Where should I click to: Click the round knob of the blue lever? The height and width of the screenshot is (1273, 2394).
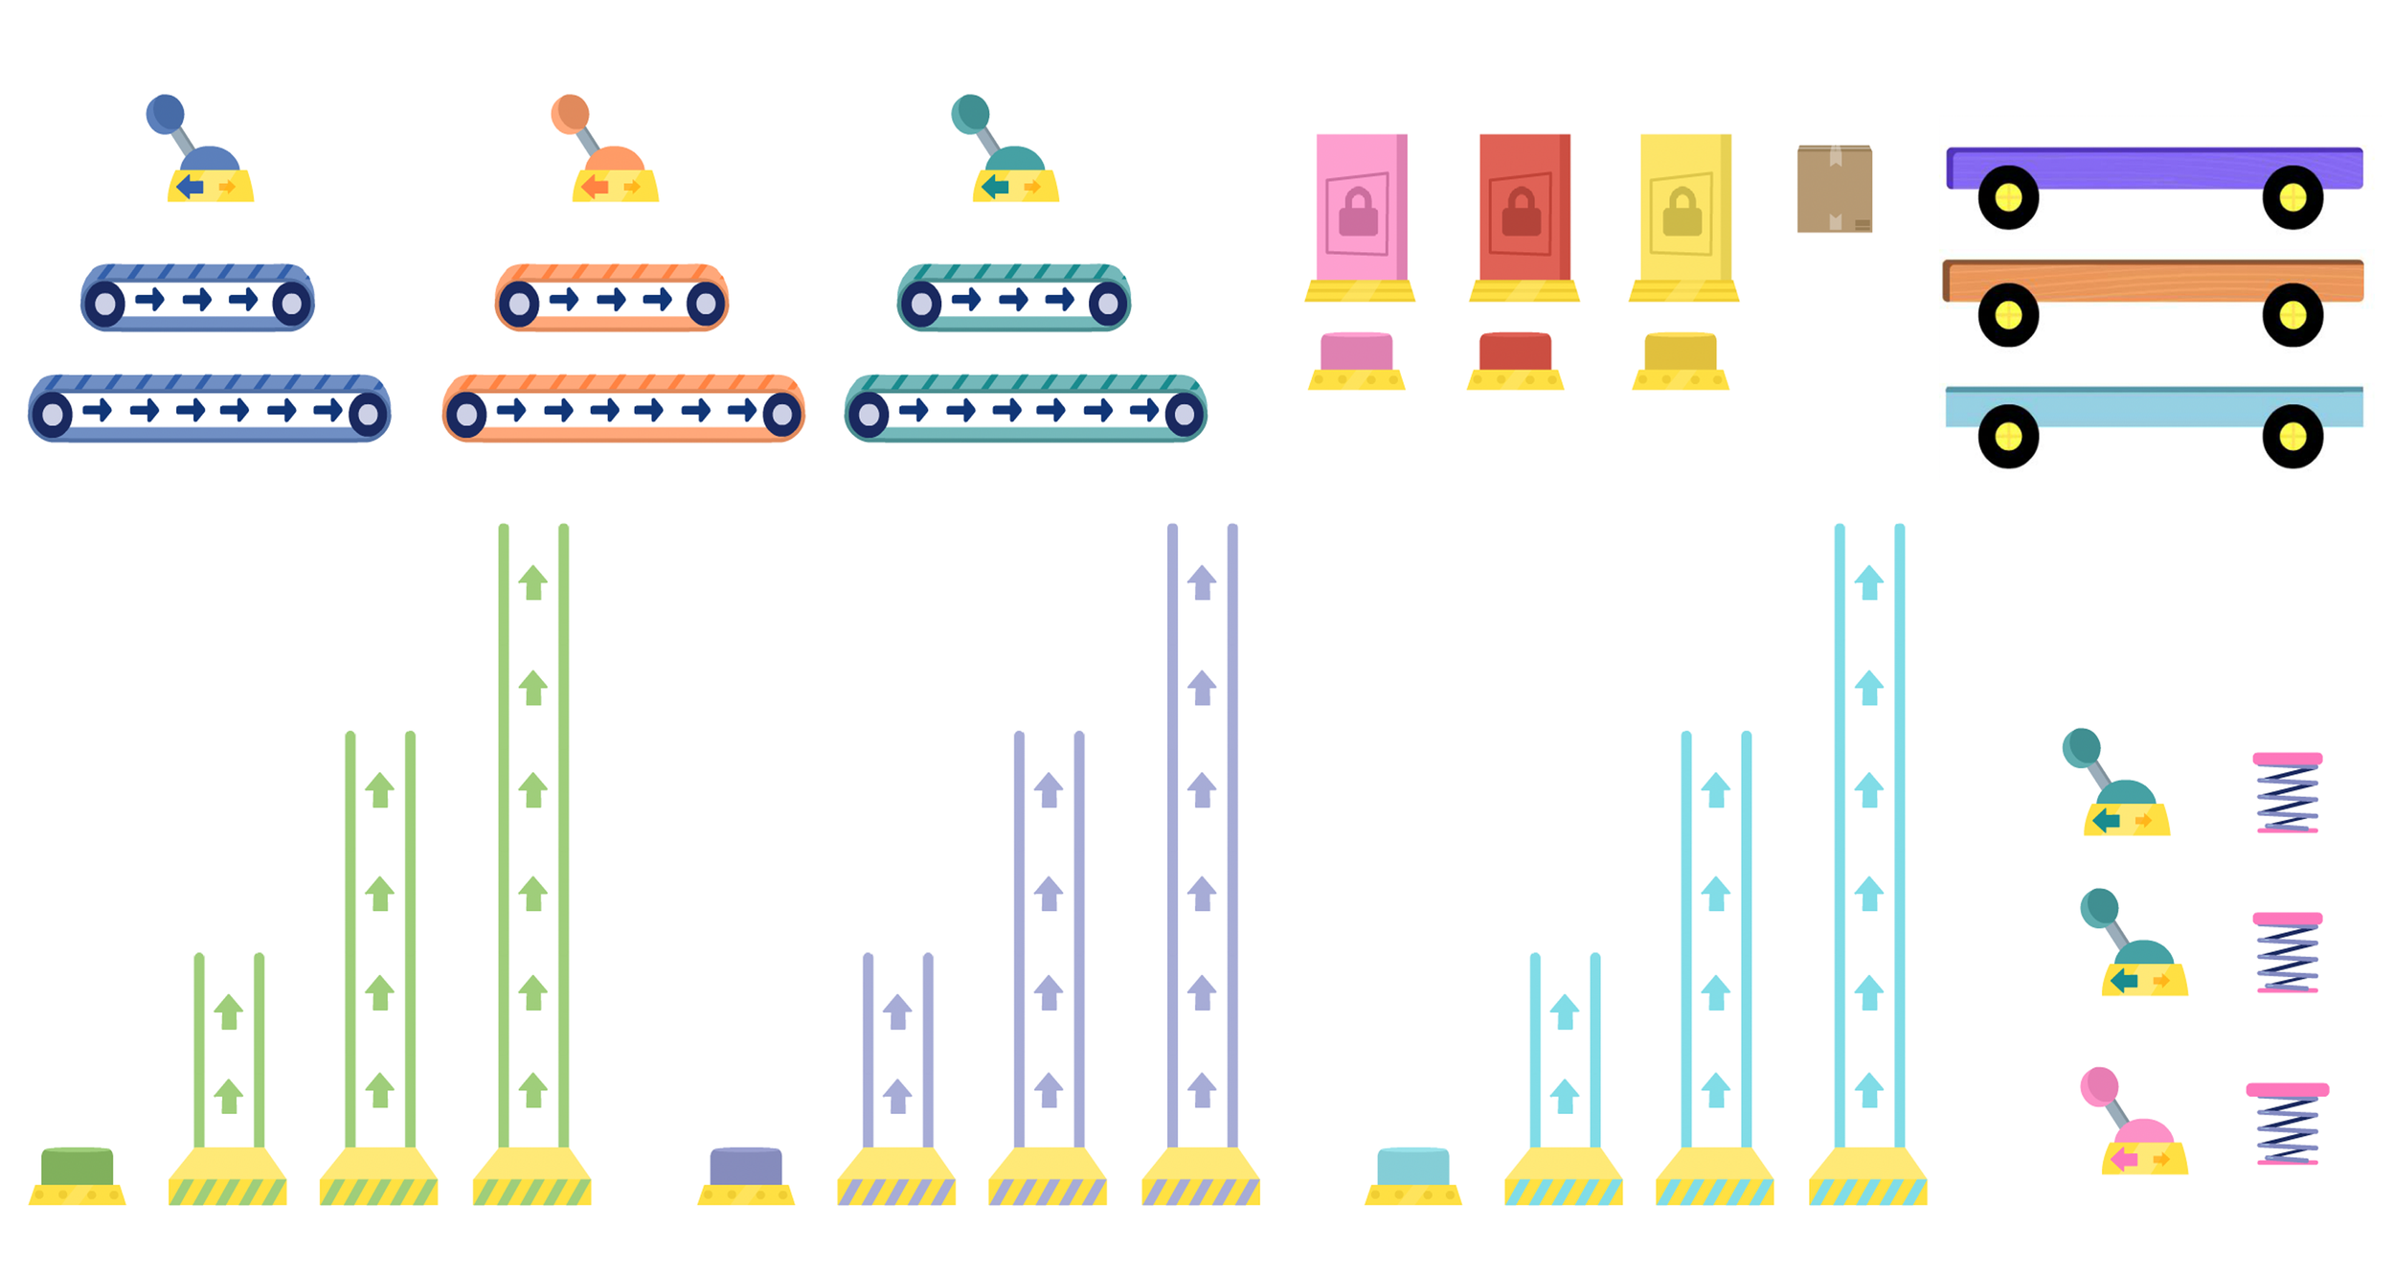(x=165, y=113)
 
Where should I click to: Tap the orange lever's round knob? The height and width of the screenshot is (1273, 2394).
(x=570, y=113)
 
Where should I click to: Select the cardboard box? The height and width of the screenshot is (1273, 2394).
(x=1834, y=189)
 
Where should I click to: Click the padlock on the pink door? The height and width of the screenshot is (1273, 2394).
(x=1358, y=213)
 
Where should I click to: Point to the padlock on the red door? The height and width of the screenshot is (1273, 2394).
(x=1521, y=213)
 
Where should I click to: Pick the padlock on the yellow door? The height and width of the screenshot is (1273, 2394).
(x=1682, y=213)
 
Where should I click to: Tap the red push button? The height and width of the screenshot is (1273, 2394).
(x=1515, y=352)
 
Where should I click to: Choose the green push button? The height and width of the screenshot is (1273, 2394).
(x=77, y=1166)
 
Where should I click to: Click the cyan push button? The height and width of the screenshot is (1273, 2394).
(x=1412, y=1166)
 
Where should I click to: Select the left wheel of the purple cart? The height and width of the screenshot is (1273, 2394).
(x=2008, y=198)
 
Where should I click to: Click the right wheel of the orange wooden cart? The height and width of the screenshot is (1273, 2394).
(x=2292, y=315)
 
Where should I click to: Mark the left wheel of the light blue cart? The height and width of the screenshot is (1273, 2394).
(x=2008, y=437)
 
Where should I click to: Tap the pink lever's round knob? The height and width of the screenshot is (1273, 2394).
(x=2099, y=1086)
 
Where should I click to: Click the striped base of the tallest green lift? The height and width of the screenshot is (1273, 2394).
(x=531, y=1191)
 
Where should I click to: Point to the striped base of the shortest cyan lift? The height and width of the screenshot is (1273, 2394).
(x=1563, y=1191)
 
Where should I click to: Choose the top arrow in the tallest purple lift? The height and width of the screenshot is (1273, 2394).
(x=1202, y=582)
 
